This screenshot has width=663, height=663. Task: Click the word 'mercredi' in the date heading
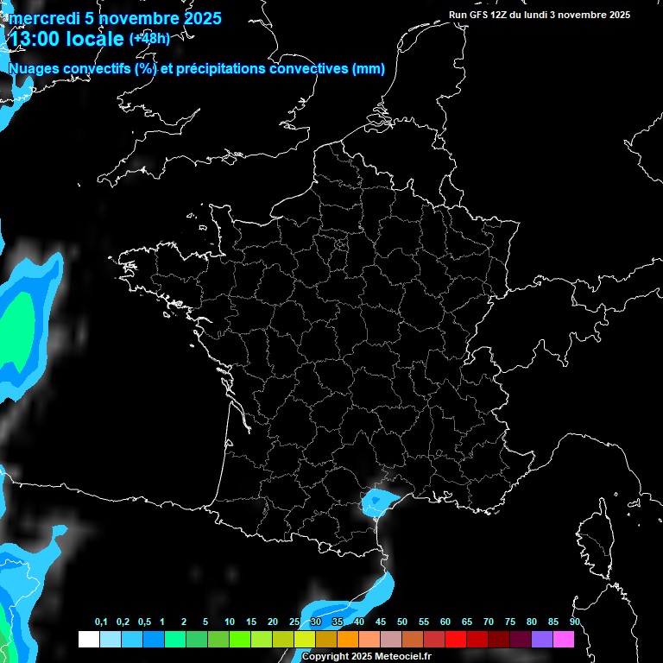[x=42, y=18]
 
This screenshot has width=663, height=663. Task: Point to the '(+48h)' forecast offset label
[x=149, y=38]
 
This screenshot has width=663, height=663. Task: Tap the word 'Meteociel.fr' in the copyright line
[x=403, y=657]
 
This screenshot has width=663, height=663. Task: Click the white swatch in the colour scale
[x=88, y=640]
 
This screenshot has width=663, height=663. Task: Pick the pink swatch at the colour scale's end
[x=564, y=640]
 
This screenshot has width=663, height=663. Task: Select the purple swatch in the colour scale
[x=542, y=640]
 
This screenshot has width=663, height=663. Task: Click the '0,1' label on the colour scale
[x=101, y=622]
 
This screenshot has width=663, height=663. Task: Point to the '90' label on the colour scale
[x=575, y=622]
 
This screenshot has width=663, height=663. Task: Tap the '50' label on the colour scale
[x=402, y=622]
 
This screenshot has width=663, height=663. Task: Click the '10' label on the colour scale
[x=230, y=622]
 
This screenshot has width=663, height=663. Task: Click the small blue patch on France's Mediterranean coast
[x=376, y=500]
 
